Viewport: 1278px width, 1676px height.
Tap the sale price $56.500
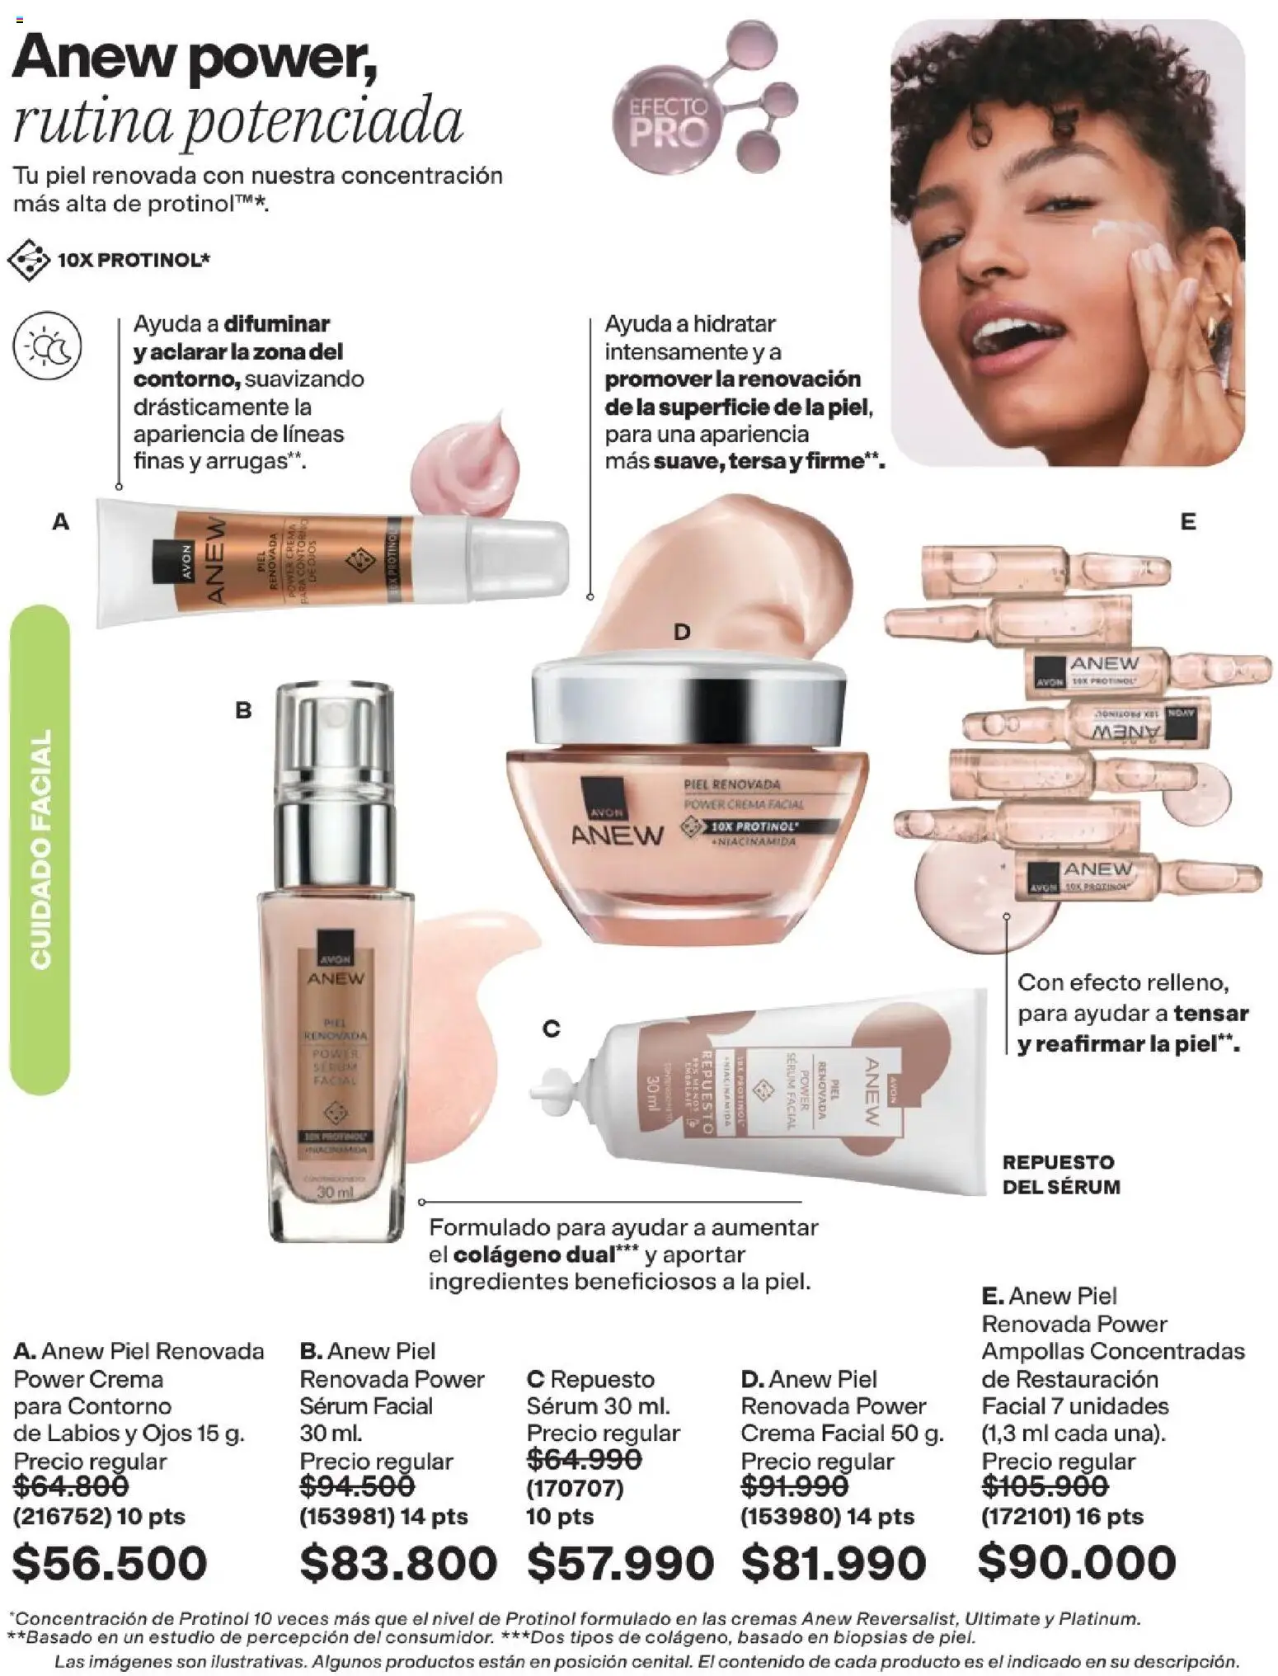coord(110,1562)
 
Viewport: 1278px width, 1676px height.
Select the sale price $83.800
coord(398,1562)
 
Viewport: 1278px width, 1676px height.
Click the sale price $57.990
coord(620,1562)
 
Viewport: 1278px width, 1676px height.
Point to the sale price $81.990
coord(834,1562)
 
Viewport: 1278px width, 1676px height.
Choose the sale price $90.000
coord(1077,1561)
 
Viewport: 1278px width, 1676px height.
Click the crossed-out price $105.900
coord(1045,1485)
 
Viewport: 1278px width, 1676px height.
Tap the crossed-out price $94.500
coord(357,1485)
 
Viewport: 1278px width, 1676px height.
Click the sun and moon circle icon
coord(48,346)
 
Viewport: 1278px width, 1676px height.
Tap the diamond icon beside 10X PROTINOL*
coord(28,260)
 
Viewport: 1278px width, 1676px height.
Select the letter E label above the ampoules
coord(1187,521)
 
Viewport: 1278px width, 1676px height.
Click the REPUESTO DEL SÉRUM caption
coord(1060,1174)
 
